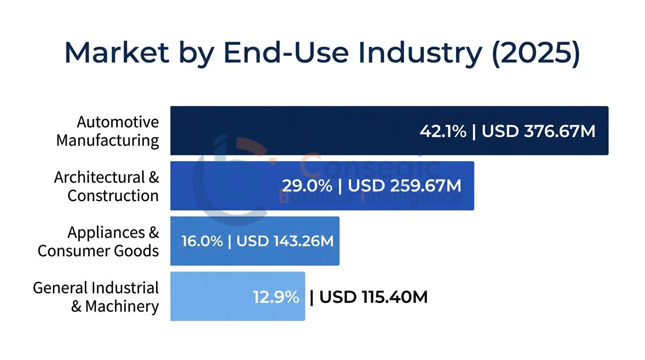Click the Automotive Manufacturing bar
[291, 131]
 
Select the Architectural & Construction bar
[225, 186]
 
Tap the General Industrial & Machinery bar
[211, 296]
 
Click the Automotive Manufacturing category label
[108, 131]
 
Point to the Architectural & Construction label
[106, 186]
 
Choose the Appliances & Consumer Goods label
[98, 241]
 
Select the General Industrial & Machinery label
[96, 297]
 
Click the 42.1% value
[443, 131]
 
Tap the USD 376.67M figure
[539, 131]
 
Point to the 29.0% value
[307, 186]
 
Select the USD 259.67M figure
[405, 186]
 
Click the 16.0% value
[202, 241]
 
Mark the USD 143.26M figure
[285, 241]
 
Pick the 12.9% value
[276, 297]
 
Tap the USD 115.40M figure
[374, 297]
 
